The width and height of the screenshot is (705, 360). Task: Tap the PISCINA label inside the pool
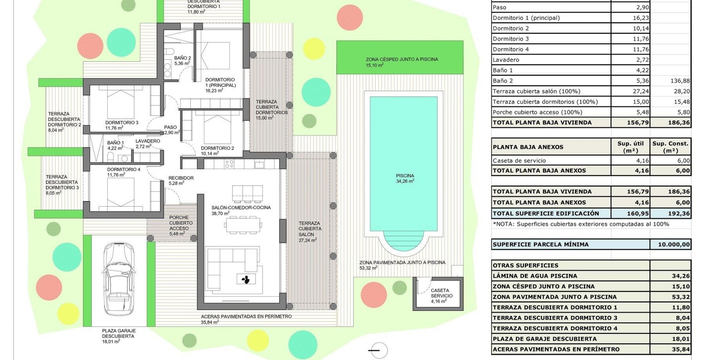(x=405, y=176)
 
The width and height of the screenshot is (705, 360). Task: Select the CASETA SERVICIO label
(x=442, y=293)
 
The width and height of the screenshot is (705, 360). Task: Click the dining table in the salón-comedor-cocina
(x=244, y=225)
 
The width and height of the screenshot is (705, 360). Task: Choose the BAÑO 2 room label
(x=182, y=58)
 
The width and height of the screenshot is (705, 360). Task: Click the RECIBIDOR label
(x=181, y=178)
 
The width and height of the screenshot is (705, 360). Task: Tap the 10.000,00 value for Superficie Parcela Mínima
(x=674, y=244)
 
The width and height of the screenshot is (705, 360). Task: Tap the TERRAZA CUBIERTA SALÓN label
(x=310, y=228)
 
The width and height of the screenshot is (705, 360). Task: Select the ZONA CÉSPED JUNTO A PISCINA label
(x=402, y=59)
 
